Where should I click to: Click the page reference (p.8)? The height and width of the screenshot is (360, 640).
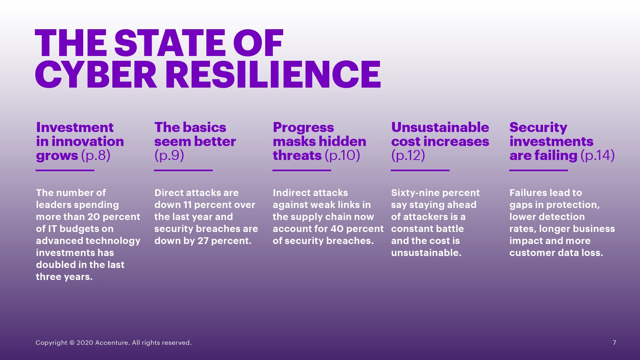pos(96,156)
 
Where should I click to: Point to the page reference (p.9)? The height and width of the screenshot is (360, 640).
pos(169,156)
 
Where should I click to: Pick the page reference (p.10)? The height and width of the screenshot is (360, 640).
pos(342,156)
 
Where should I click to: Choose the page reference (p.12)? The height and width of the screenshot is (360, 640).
pos(408,156)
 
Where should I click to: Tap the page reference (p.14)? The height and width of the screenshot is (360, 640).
pos(598,156)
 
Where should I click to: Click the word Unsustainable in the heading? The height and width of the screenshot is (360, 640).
pos(440,128)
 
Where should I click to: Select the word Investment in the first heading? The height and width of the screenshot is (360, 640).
pos(75,128)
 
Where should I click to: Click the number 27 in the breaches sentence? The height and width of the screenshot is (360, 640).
pos(203,241)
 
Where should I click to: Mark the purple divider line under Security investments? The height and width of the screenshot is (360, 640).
pos(538,170)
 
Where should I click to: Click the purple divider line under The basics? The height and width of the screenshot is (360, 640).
pos(184,170)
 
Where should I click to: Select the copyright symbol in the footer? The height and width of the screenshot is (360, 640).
pos(72,342)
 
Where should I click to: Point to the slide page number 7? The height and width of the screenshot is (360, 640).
pos(614,342)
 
